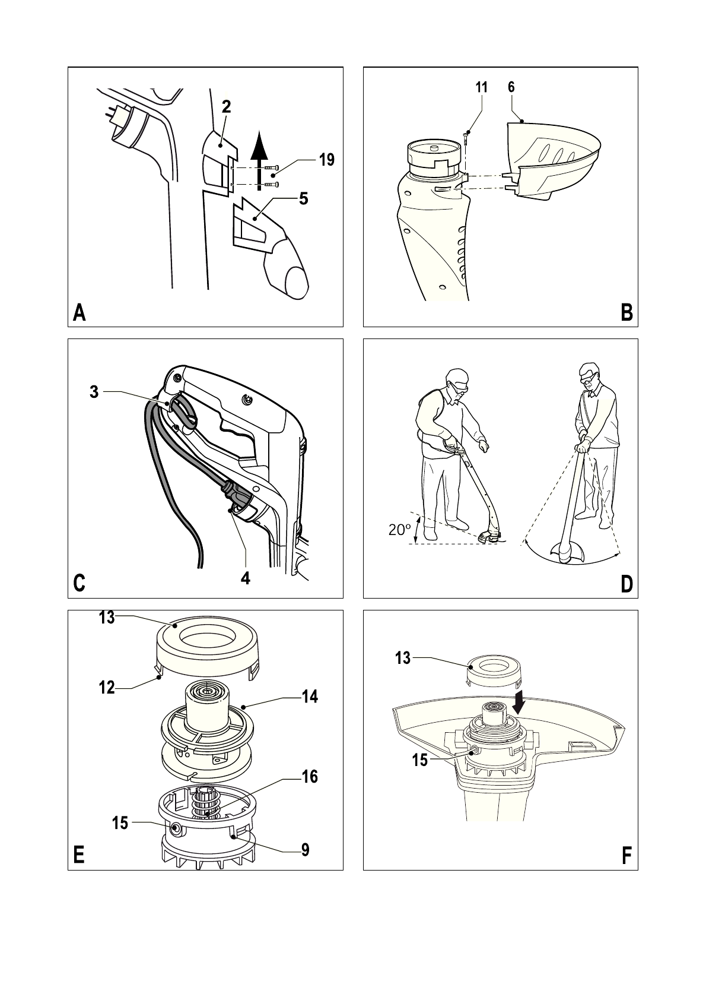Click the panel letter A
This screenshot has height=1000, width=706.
[x=79, y=313]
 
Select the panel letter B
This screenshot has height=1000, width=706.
[x=627, y=313]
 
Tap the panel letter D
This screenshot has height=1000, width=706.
[x=627, y=584]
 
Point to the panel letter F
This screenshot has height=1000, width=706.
[x=627, y=856]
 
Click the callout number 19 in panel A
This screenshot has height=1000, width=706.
[x=326, y=160]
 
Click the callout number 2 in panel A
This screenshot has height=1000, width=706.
[x=226, y=107]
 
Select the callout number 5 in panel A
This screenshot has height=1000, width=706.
[x=303, y=198]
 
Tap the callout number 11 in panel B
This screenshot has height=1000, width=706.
[x=481, y=87]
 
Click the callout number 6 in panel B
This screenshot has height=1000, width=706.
[x=511, y=87]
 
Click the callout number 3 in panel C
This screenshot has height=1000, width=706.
[x=94, y=392]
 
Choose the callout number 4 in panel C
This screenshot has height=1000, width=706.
[x=245, y=578]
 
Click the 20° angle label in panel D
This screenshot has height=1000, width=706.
[x=400, y=530]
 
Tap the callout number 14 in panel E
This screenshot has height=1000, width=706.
[x=310, y=697]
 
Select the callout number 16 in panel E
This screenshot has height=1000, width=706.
[x=310, y=776]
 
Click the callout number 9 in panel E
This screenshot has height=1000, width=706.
[x=305, y=850]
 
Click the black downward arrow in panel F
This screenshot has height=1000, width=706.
[x=520, y=704]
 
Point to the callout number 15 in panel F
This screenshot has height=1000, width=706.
[x=419, y=760]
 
